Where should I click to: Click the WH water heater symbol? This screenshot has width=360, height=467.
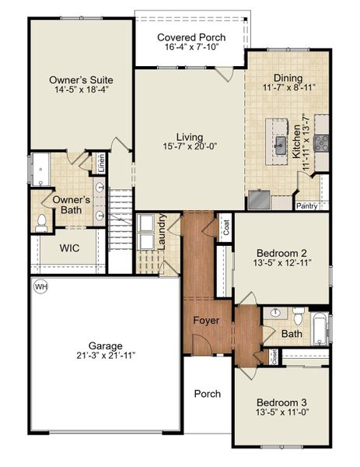40,286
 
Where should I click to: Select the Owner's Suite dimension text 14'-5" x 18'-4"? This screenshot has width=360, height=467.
82,90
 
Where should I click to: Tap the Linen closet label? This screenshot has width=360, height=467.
101,163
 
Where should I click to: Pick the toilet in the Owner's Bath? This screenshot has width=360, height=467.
41,223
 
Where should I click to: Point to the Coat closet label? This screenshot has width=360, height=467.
226,227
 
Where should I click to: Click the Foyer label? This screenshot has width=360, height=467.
206,321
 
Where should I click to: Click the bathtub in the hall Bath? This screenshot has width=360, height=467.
320,329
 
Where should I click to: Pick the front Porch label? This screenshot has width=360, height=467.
208,394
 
